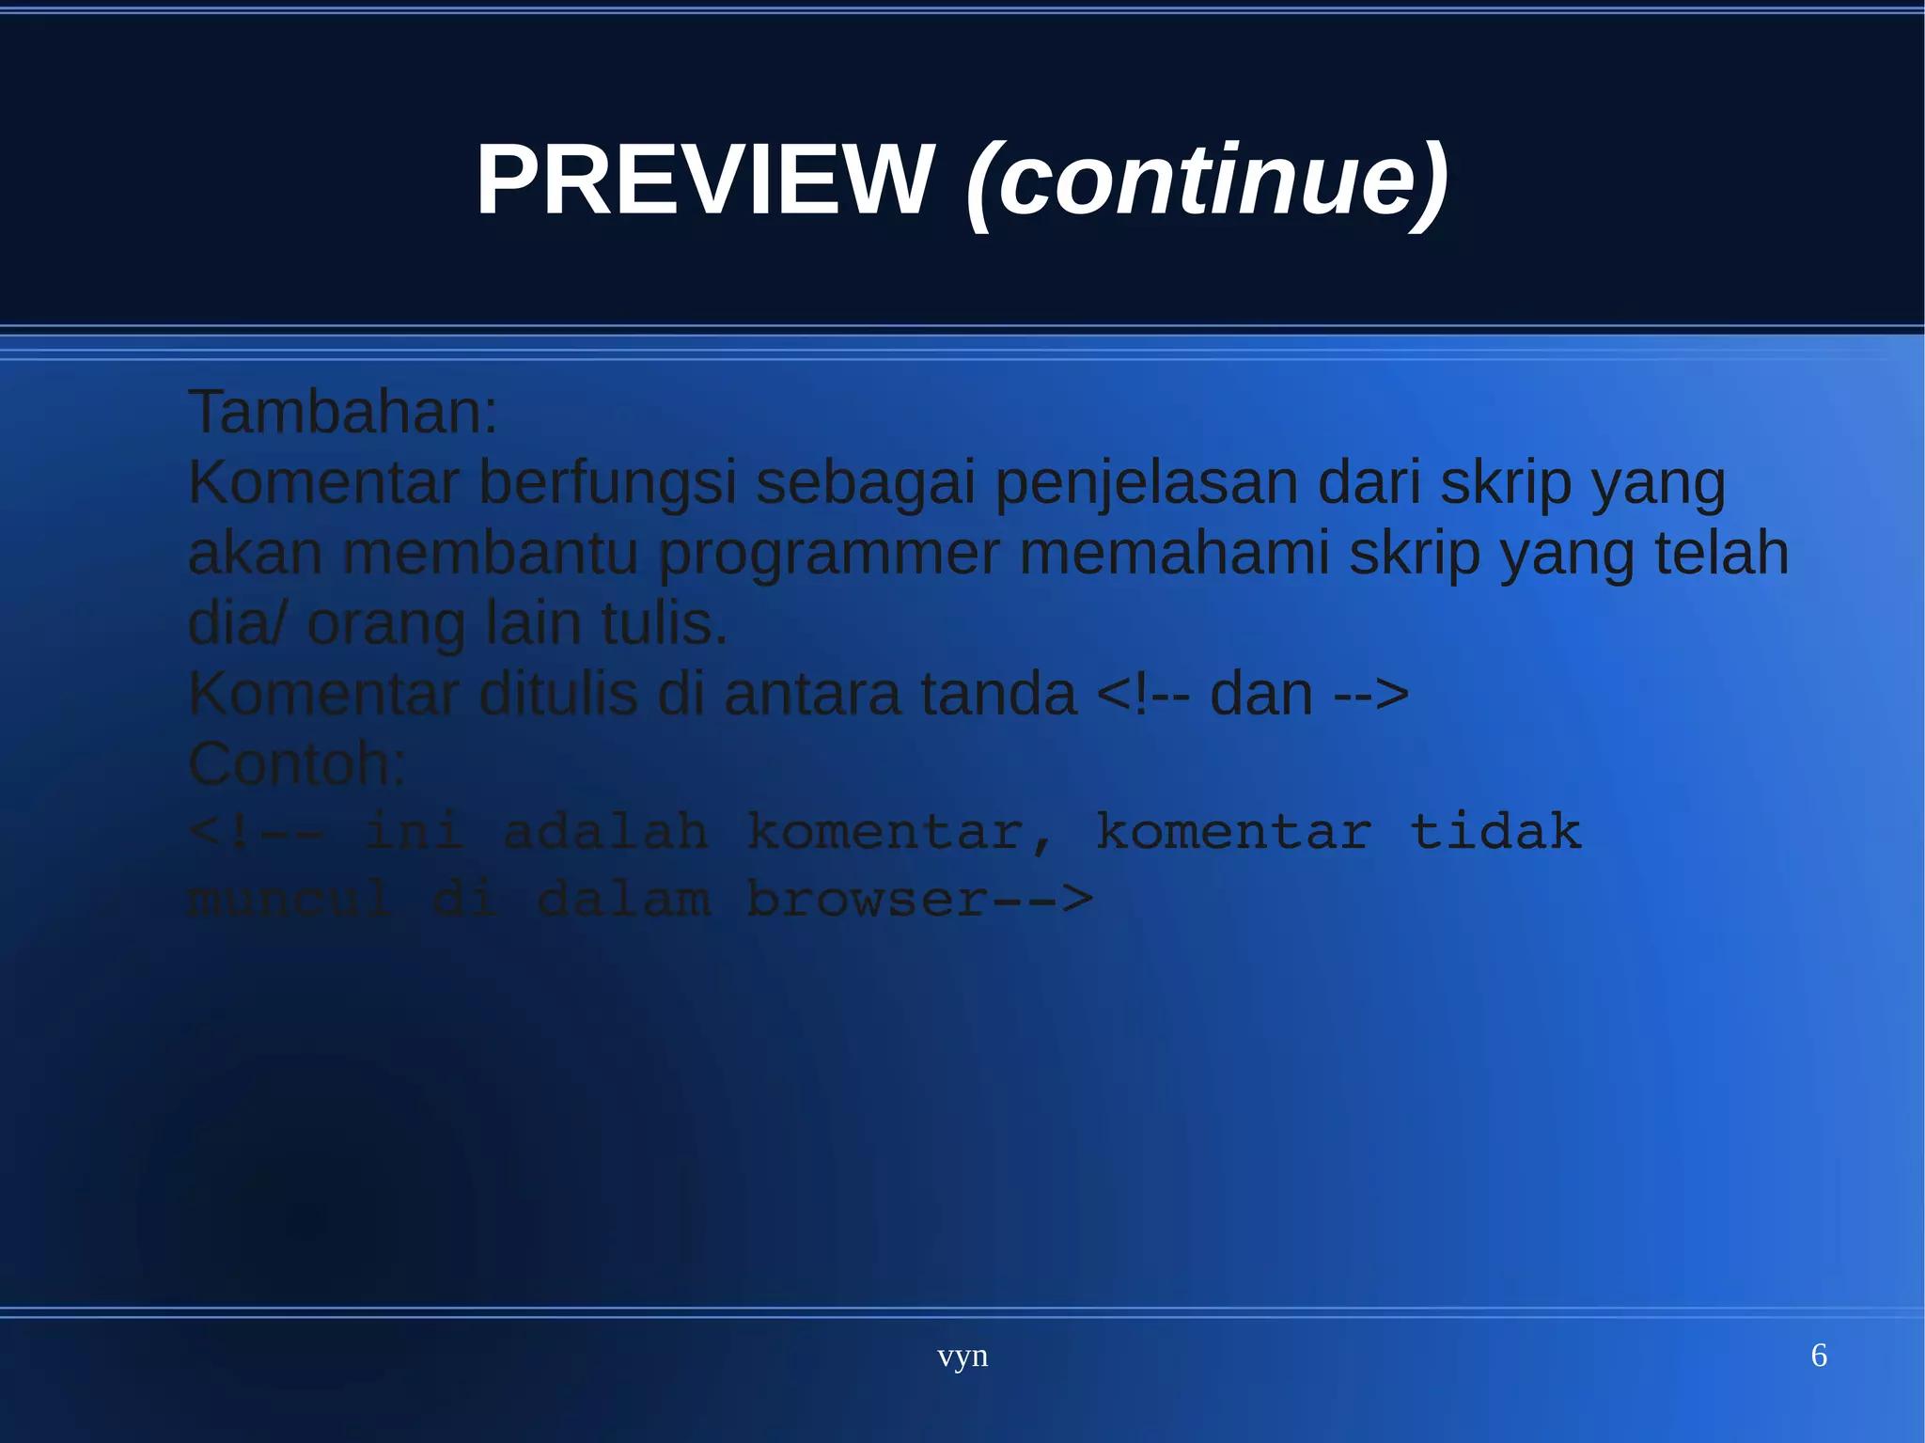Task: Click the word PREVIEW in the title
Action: pyautogui.click(x=705, y=180)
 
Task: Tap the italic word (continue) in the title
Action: pyautogui.click(x=1207, y=180)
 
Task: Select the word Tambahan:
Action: pyautogui.click(x=343, y=412)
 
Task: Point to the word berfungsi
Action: pyautogui.click(x=607, y=483)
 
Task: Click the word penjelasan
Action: pyautogui.click(x=1146, y=483)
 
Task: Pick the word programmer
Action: pyautogui.click(x=828, y=554)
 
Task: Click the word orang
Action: pyautogui.click(x=385, y=624)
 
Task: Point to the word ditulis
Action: pyautogui.click(x=558, y=694)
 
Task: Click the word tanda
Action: pyautogui.click(x=998, y=694)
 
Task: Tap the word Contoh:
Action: pyautogui.click(x=297, y=763)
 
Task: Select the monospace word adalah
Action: pyautogui.click(x=606, y=832)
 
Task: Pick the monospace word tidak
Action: pyautogui.click(x=1496, y=832)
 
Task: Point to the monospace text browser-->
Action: pyautogui.click(x=920, y=900)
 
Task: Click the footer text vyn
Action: pyautogui.click(x=962, y=1357)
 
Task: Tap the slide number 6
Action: pyautogui.click(x=1819, y=1356)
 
